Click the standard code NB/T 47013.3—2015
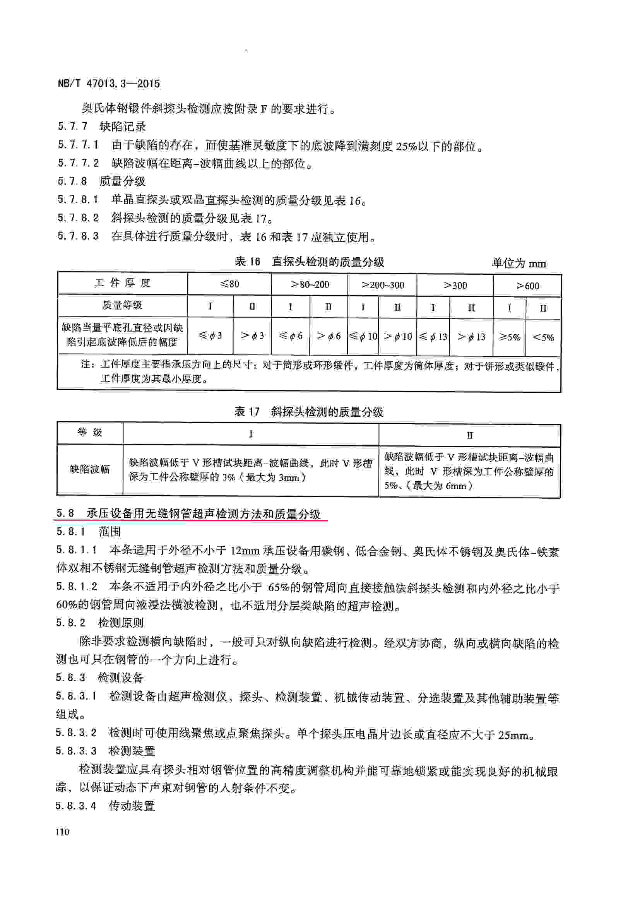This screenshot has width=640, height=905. coord(109,84)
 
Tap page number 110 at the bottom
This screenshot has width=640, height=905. coord(63,832)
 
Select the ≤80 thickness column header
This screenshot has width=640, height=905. coord(229,284)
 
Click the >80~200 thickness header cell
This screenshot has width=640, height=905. coord(310,284)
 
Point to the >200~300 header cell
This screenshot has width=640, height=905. coord(382,285)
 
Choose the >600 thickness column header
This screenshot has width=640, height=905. coord(527,286)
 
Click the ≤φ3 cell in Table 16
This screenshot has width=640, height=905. coord(210,335)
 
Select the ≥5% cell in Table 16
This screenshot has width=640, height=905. coord(509,337)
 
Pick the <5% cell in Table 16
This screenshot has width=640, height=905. coord(543,337)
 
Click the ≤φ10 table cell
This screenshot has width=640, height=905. coord(363,336)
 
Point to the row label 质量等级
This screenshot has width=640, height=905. coord(122,305)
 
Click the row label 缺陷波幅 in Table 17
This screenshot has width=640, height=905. coord(90,469)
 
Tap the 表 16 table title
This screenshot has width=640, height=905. coord(310,262)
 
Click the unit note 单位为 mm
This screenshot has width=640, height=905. coord(519,263)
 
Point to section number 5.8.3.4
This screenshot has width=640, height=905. coord(76,806)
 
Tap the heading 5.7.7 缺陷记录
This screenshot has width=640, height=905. coord(102,127)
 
